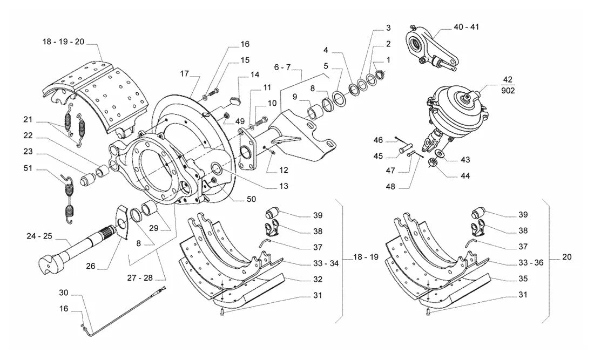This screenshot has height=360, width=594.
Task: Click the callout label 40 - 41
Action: point(466,27)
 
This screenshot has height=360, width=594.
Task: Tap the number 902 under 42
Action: point(508,91)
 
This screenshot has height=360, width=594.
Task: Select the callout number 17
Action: point(184,73)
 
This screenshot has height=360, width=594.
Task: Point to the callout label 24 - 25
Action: point(39,236)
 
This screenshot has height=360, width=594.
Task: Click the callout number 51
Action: point(28,168)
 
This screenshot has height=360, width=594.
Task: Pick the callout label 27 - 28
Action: point(140,278)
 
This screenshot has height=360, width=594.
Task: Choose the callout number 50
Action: point(251,199)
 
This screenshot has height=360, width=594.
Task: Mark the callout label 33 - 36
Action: point(531,263)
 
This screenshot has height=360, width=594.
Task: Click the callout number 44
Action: point(465,176)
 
